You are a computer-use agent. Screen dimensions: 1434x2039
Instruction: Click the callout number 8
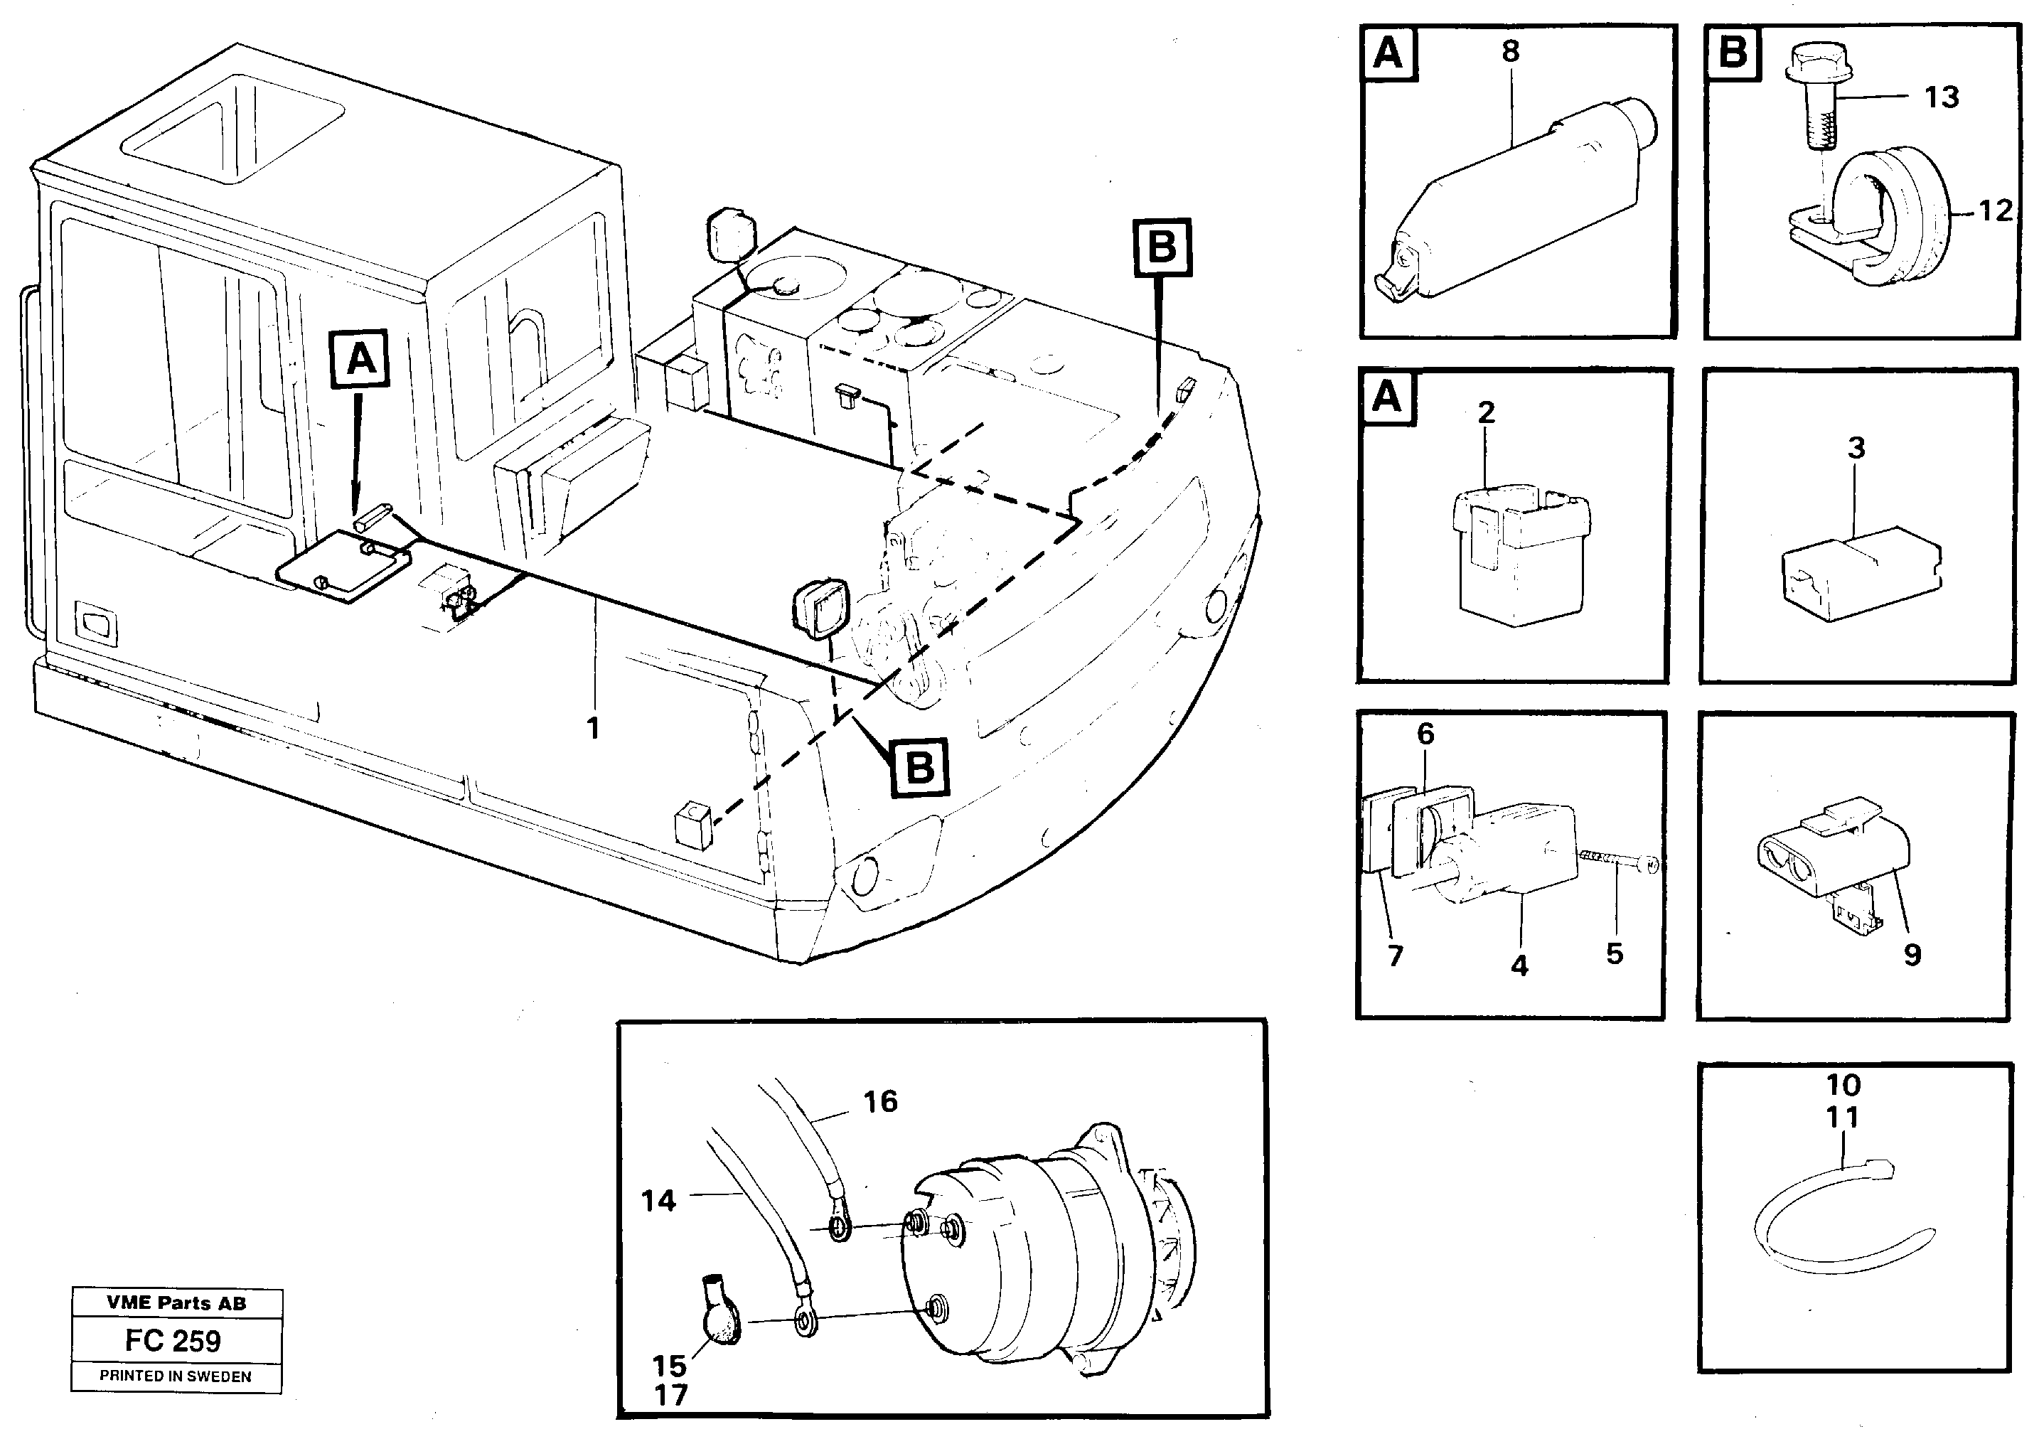coord(1511,51)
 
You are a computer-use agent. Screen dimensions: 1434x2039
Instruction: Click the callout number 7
coord(1394,956)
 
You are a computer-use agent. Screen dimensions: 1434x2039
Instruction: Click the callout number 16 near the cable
coord(880,1102)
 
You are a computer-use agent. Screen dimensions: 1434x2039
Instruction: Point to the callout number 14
coord(658,1202)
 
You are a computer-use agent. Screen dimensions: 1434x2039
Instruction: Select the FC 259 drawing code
coord(173,1340)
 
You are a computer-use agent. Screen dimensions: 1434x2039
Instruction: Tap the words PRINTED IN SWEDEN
coord(175,1376)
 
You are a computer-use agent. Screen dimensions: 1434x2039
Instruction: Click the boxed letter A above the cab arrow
coord(360,360)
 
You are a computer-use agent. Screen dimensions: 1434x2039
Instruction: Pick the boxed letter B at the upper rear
coord(1162,247)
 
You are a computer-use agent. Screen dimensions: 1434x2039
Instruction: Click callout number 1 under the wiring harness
coord(593,728)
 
